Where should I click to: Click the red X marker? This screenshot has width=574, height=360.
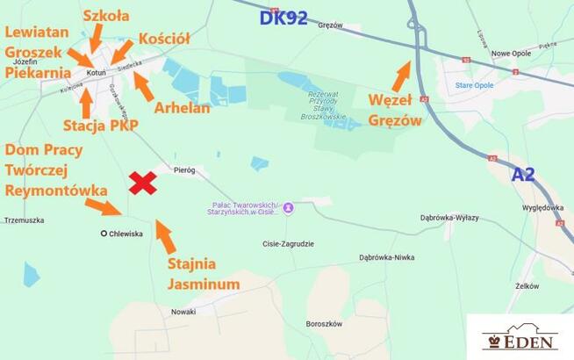[x=143, y=183]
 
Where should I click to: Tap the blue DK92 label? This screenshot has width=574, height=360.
[x=283, y=18]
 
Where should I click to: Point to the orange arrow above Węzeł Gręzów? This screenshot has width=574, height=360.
[x=400, y=76]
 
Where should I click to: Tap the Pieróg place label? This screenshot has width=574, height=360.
[x=184, y=169]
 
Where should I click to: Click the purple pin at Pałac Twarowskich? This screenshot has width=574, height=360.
[x=287, y=209]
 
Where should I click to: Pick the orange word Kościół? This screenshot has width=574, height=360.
[x=164, y=39]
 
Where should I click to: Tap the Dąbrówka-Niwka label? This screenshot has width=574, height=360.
[x=386, y=257]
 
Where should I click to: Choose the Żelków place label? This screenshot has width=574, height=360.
[x=527, y=285]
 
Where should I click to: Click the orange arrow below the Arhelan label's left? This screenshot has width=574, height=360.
[x=144, y=86]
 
